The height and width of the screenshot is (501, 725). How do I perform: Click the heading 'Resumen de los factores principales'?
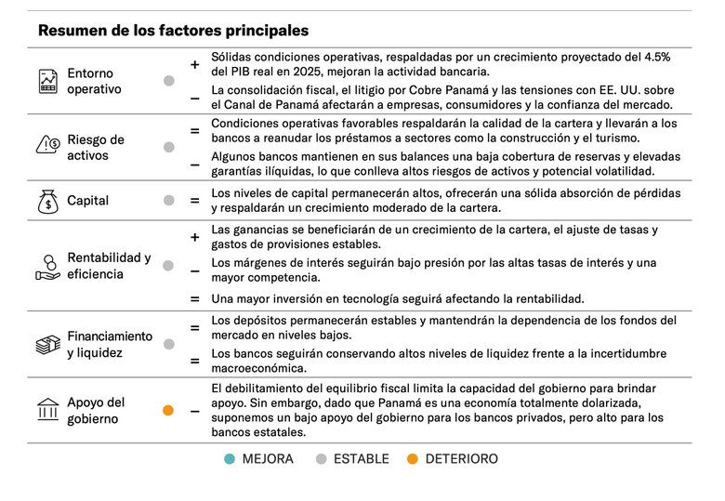point(174,31)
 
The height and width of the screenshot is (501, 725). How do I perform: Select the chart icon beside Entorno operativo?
point(47,81)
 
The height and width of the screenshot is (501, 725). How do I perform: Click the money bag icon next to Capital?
point(47,201)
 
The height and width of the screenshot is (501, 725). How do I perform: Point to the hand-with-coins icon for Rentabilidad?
point(47,266)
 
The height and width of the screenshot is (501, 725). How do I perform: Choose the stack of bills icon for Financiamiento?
point(47,345)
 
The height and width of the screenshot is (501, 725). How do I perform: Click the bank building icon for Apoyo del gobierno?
point(47,410)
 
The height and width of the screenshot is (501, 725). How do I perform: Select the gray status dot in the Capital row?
point(168,200)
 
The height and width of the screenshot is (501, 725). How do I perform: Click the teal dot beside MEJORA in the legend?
point(230,459)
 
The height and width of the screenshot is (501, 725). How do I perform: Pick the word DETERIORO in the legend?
point(463,459)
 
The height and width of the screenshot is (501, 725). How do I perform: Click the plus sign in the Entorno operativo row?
point(195,65)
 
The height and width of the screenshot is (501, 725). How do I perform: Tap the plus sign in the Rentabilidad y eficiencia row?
point(195,237)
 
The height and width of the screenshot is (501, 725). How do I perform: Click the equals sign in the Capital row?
point(195,200)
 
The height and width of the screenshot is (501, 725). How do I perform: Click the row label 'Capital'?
point(87,201)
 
